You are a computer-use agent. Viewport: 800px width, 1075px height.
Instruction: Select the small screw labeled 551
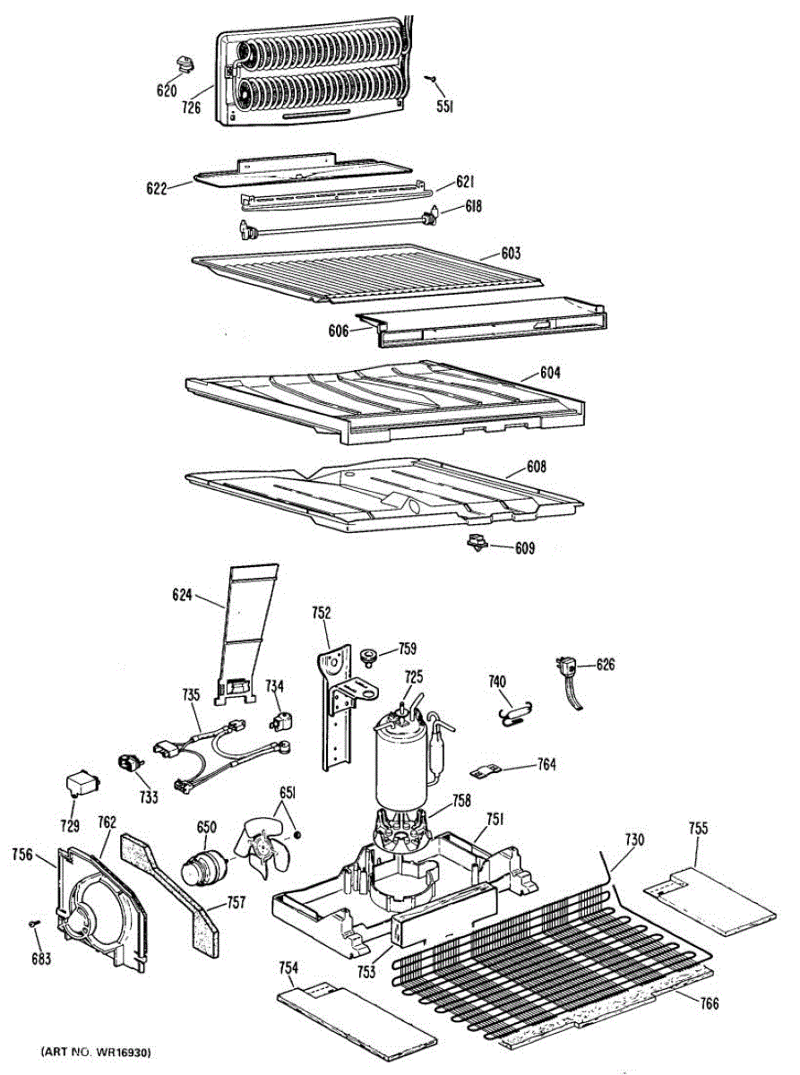point(433,81)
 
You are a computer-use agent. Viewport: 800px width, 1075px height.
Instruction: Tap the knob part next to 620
point(185,63)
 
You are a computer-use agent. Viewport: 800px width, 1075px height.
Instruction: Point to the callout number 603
point(511,254)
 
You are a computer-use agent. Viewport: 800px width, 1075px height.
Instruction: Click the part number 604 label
point(549,373)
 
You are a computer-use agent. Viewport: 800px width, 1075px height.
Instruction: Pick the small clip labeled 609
point(475,540)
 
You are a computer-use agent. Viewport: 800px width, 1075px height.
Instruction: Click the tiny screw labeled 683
point(33,923)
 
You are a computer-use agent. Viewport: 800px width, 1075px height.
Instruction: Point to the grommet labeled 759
point(367,657)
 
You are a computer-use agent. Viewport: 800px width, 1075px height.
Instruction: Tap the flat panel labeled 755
point(708,896)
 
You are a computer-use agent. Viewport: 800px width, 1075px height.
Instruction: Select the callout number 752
point(321,614)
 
